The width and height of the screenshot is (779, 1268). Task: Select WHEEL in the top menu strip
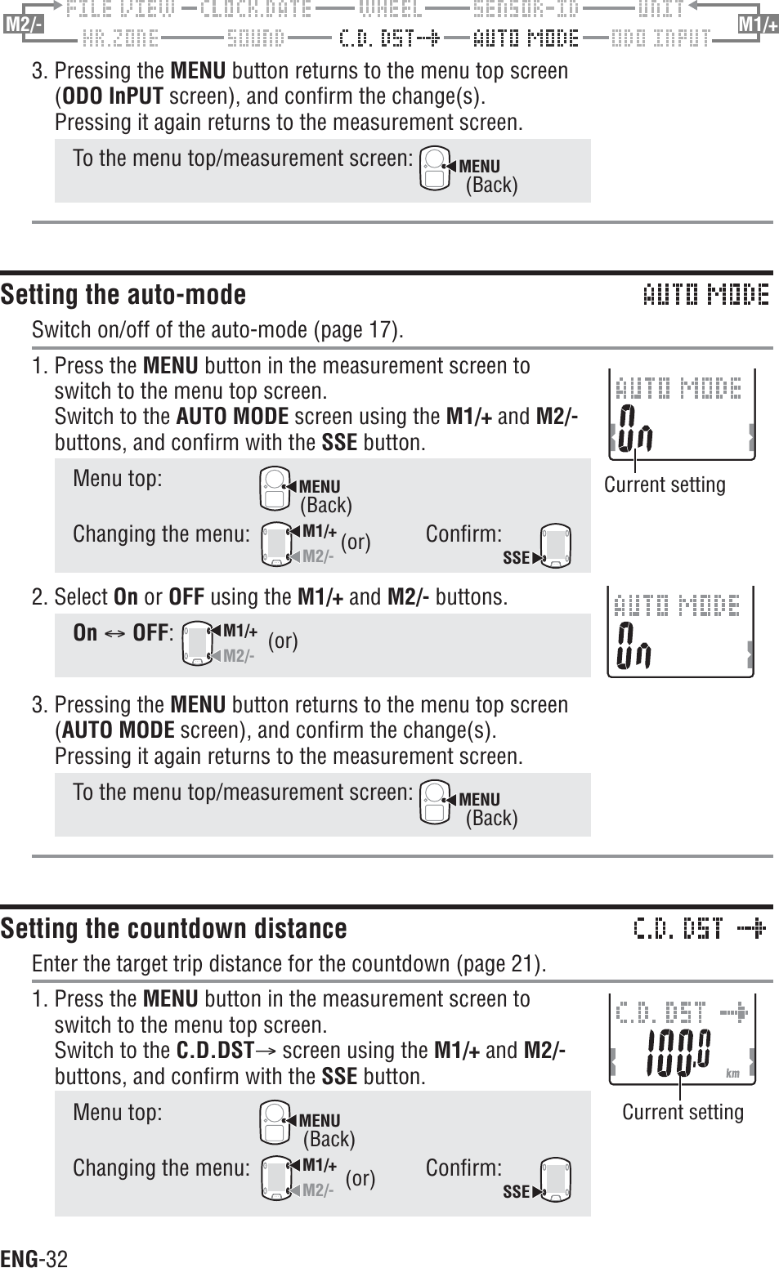pyautogui.click(x=391, y=10)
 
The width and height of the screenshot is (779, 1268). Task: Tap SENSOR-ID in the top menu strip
pyautogui.click(x=526, y=10)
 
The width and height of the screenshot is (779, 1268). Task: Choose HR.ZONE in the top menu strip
pyautogui.click(x=120, y=38)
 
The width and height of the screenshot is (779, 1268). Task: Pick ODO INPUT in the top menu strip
pyautogui.click(x=660, y=38)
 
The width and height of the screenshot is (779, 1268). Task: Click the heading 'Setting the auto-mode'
pyautogui.click(x=123, y=294)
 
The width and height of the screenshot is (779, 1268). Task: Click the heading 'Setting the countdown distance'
pyautogui.click(x=173, y=928)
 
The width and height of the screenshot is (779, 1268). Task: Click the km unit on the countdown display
pyautogui.click(x=732, y=1074)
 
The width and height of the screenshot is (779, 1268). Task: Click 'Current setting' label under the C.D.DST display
pyautogui.click(x=683, y=1112)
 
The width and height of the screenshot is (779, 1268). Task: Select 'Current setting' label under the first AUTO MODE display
pyautogui.click(x=664, y=484)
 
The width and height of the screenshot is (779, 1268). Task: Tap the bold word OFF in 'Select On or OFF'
pyautogui.click(x=186, y=596)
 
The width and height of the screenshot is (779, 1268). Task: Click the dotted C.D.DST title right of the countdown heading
pyautogui.click(x=700, y=928)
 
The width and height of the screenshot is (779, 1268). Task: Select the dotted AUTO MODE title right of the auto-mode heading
pyautogui.click(x=705, y=294)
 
